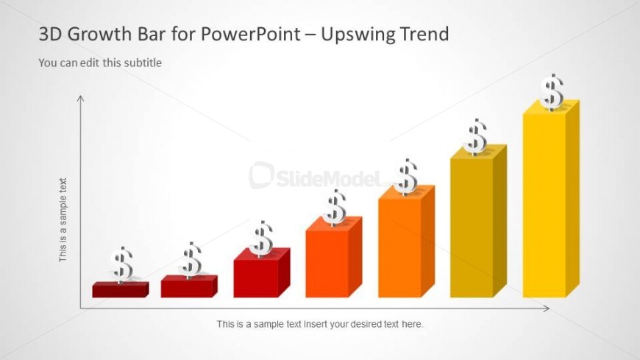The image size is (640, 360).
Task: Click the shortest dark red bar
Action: [121, 290]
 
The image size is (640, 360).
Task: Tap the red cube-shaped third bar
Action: [262, 273]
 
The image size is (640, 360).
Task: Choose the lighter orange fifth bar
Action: [406, 241]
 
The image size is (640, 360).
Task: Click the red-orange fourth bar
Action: [334, 257]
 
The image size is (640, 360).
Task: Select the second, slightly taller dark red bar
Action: [189, 286]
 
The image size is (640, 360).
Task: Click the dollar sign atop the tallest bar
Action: [552, 92]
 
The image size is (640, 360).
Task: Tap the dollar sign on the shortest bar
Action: [121, 265]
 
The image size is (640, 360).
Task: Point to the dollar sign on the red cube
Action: [262, 239]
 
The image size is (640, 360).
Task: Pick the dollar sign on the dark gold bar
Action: [475, 137]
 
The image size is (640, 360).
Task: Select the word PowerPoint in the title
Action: [250, 34]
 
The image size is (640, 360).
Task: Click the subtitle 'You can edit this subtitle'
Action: [100, 63]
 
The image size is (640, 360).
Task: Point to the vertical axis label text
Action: [63, 220]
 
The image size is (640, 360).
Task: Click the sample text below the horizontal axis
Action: [320, 324]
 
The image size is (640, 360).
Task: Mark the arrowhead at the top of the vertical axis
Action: [81, 98]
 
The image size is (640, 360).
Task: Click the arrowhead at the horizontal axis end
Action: [547, 308]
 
